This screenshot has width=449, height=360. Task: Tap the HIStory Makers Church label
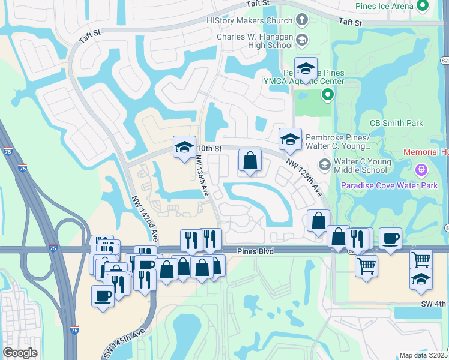coord(249,20)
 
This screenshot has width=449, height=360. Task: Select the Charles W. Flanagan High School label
coord(255,41)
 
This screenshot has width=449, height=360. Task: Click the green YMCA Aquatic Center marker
coord(327,94)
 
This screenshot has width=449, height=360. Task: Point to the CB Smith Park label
coord(396,124)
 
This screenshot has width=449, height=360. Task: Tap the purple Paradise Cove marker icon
coord(421,170)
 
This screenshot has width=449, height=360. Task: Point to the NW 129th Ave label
coord(304,177)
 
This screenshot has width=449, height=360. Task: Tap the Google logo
coord(20,353)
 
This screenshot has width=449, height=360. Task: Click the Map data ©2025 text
coord(424,355)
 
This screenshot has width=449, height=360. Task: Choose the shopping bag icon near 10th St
coord(250,161)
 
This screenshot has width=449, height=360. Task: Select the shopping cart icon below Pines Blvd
coord(366,265)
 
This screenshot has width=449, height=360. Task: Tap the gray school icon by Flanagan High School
coord(301,40)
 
